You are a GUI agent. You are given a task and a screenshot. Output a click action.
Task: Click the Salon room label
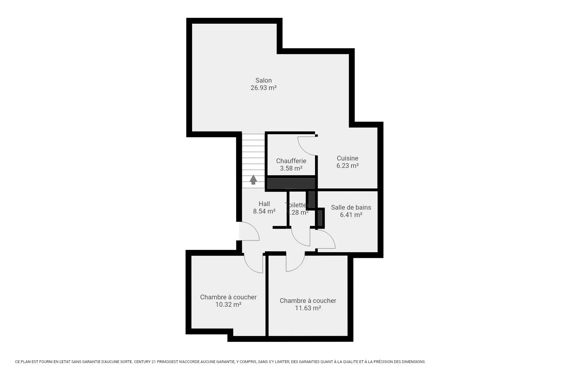tap(263, 80)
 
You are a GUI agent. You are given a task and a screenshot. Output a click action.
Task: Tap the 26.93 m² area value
tap(263, 88)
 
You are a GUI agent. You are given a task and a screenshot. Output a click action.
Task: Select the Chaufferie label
tap(291, 161)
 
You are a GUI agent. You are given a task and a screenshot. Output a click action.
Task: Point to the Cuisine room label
tap(347, 158)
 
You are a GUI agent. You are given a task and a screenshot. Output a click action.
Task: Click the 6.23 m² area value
tap(347, 166)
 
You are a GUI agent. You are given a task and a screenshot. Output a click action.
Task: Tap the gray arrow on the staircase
tap(253, 180)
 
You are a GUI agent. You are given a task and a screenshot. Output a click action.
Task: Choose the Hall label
tap(264, 204)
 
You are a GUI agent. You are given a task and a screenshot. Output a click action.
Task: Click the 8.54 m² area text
tap(264, 211)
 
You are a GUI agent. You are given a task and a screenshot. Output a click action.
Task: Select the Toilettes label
tap(297, 205)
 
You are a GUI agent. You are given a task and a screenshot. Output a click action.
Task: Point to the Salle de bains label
tap(351, 207)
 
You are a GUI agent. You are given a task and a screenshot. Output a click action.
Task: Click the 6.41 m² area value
tap(351, 215)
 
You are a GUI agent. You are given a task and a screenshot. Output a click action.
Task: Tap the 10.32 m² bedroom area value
tap(228, 304)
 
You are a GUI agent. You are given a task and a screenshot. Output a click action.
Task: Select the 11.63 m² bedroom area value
tap(308, 308)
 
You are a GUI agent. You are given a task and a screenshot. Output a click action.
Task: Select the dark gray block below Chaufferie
tap(291, 183)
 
